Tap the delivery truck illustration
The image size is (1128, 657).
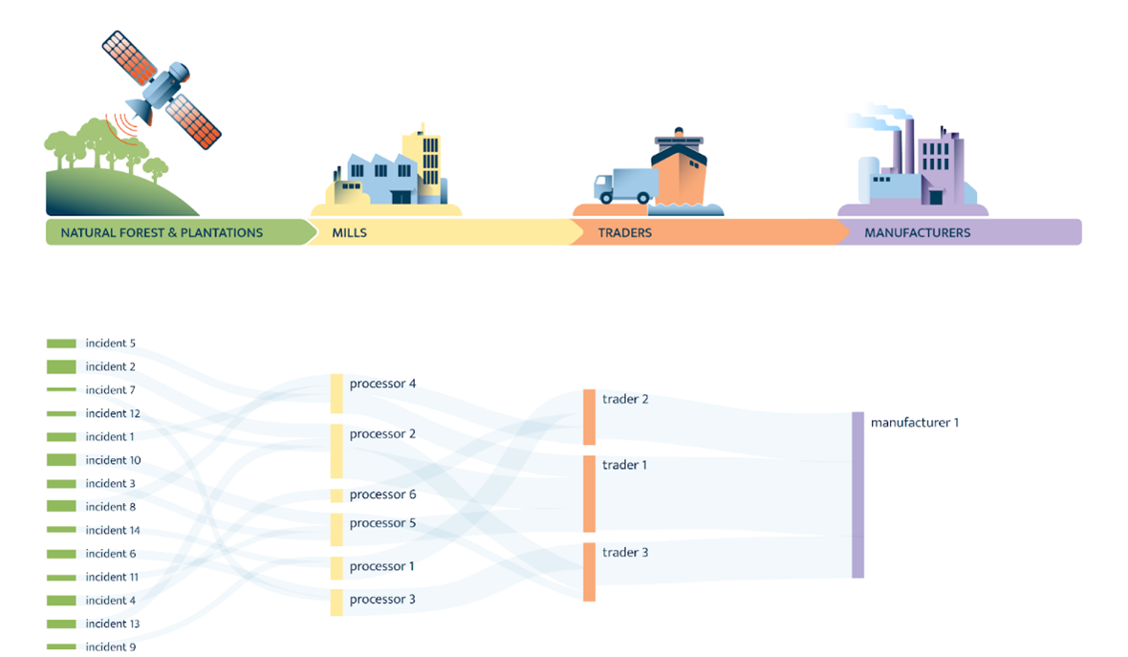622,186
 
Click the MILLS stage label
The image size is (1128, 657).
349,232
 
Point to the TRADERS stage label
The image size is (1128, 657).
624,232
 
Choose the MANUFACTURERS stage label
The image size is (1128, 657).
917,232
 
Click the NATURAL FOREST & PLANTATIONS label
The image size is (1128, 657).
162,232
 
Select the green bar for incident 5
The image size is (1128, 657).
61,343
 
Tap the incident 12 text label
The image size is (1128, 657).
113,413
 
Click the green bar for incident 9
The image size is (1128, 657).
61,647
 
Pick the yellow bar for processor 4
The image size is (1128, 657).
336,393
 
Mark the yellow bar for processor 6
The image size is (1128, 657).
336,495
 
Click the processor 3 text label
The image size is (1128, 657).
382,600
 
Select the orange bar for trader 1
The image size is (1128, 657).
590,493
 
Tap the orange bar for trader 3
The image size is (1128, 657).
590,572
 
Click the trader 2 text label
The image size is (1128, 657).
625,399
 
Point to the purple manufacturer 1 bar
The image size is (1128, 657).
857,494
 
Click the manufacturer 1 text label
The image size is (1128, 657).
914,422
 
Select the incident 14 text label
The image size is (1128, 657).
113,530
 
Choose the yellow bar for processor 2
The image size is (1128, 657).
336,450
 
